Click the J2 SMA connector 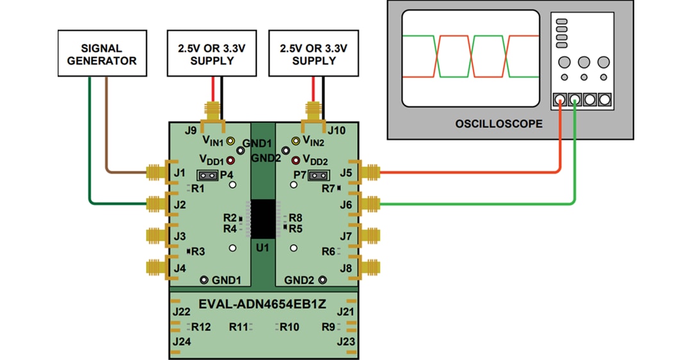pyautogui.click(x=156, y=204)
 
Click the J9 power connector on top pyautogui.click(x=211, y=112)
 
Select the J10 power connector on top pyautogui.click(x=313, y=112)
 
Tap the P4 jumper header pyautogui.click(x=206, y=174)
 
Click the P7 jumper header pyautogui.click(x=318, y=175)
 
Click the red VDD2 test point pyautogui.click(x=296, y=160)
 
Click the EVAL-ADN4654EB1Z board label pyautogui.click(x=262, y=304)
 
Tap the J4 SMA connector pyautogui.click(x=156, y=268)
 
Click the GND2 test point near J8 pyautogui.click(x=322, y=280)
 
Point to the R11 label pyautogui.click(x=238, y=327)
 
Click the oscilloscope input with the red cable pyautogui.click(x=559, y=100)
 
